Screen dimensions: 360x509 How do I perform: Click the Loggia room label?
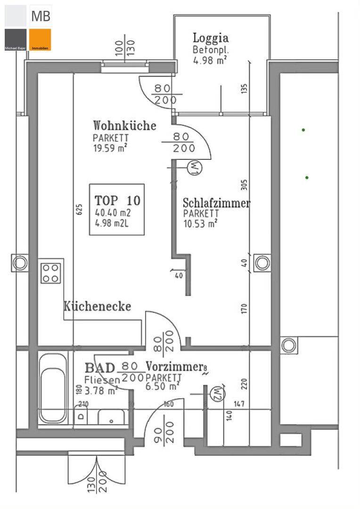coord(211,38)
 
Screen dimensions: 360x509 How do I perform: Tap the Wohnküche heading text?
coord(124,126)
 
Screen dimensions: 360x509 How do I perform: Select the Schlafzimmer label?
coord(216,203)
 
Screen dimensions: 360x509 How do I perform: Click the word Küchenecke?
coord(97,306)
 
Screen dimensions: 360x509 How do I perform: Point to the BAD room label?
coord(100,368)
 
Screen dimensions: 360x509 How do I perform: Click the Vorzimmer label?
coord(175,366)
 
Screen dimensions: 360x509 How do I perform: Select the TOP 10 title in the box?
coord(117,200)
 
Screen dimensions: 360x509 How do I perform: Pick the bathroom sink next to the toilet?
coord(111,417)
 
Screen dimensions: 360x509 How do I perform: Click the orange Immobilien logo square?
coord(40,40)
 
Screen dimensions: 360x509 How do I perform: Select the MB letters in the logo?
coord(41,16)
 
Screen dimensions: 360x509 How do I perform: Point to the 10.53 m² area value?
coord(200,223)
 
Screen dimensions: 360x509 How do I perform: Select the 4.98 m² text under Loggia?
coord(210,60)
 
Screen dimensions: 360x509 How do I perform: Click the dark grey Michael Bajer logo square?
coord(16,40)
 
